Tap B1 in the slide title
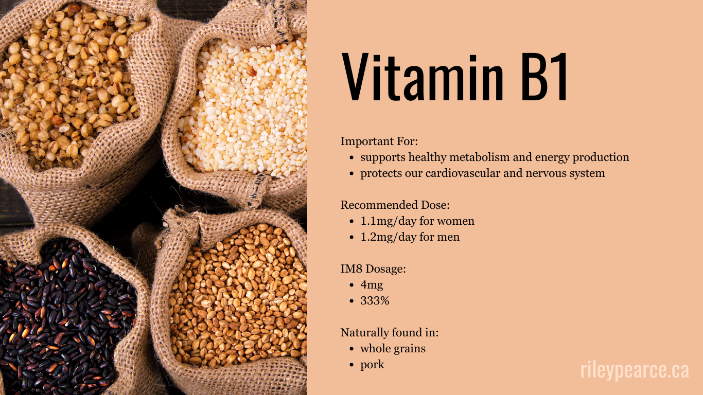coord(544,77)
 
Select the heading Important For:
coord(379,141)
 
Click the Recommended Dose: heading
coord(395,205)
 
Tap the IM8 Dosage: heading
coord(373,269)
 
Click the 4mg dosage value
coord(372,285)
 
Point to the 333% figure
coord(375,301)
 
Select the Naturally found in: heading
coord(390,333)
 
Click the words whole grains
coord(393,349)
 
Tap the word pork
coord(372,365)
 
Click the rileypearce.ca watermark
coord(634,370)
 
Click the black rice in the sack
coord(62,314)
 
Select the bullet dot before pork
coord(351,365)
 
